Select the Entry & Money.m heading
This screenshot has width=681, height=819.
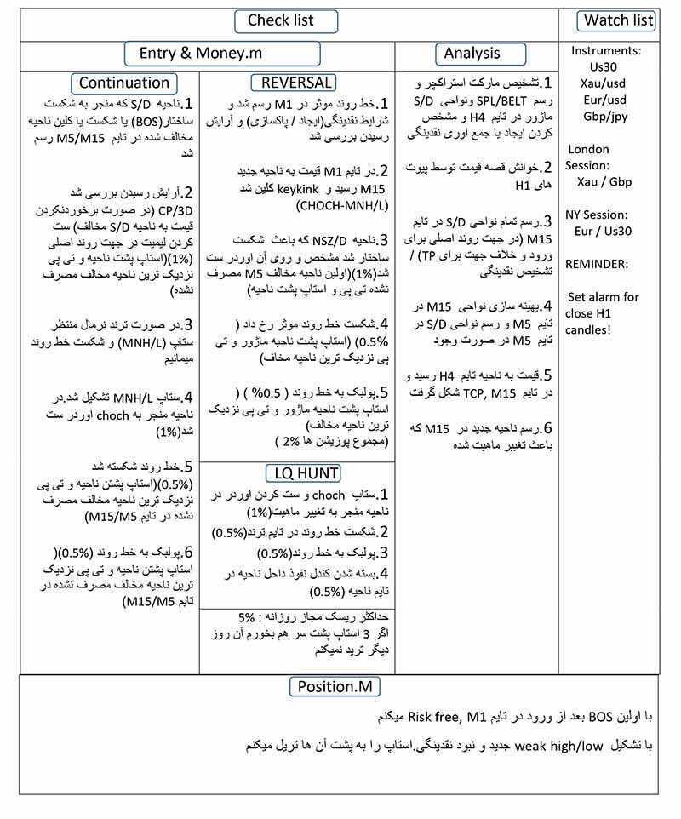pos(222,54)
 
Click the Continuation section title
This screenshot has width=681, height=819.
pos(125,83)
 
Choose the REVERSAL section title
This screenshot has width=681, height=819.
pos(293,83)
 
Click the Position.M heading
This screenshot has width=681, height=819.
pos(335,686)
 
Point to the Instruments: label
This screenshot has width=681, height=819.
pos(606,50)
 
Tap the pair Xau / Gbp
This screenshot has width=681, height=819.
pos(605,181)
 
